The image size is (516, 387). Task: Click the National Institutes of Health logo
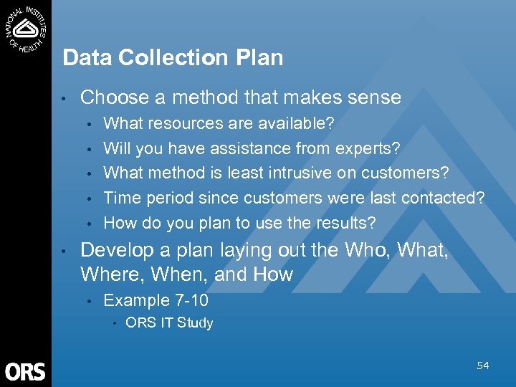point(26,28)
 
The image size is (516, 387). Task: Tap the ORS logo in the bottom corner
point(25,371)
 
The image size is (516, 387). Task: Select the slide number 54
point(483,366)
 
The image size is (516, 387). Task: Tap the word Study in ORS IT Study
point(196,323)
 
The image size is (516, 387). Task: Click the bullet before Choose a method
point(65,98)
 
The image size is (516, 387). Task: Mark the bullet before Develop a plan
point(65,251)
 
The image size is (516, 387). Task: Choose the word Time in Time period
point(120,198)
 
